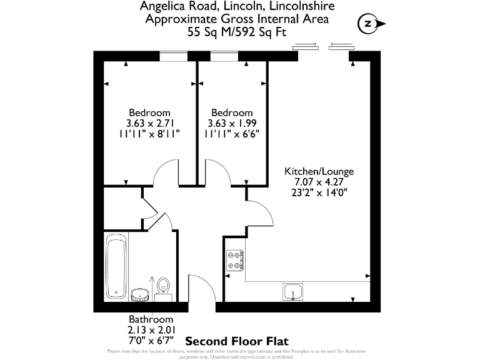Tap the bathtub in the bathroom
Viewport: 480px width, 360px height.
[116, 265]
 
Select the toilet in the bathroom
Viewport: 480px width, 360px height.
[164, 286]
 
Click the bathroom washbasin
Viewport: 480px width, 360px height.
[140, 292]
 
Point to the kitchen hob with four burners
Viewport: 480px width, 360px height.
[235, 260]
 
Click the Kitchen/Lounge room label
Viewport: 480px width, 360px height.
[319, 171]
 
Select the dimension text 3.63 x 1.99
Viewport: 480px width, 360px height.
[231, 123]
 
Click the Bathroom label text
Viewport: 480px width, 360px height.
[151, 319]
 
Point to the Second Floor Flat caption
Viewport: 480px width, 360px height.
[237, 341]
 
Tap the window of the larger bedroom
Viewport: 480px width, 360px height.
[174, 56]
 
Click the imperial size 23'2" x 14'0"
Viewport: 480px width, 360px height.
[319, 192]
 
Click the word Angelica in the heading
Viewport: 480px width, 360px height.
[164, 6]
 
